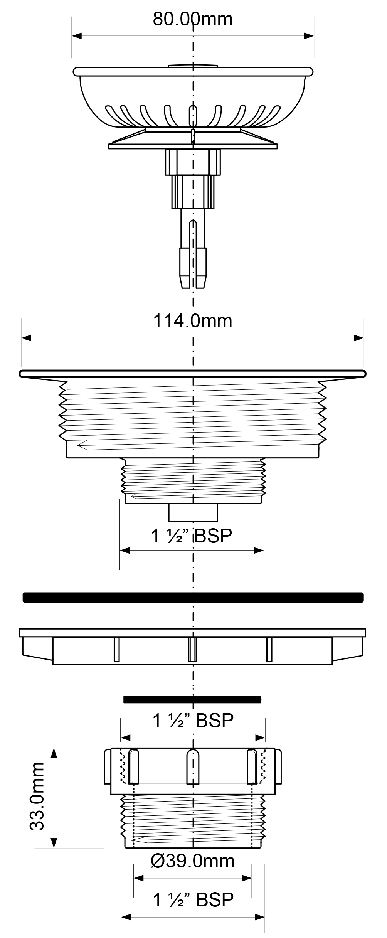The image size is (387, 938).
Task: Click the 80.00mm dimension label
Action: [193, 19]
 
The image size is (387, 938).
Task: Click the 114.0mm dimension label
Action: [193, 321]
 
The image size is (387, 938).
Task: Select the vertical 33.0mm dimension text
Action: [37, 797]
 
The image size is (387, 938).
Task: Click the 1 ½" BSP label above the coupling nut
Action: [193, 720]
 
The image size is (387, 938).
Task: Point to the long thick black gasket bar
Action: [193, 597]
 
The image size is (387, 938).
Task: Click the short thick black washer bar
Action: [192, 699]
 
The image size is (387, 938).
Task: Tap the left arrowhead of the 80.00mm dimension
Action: [77, 36]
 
